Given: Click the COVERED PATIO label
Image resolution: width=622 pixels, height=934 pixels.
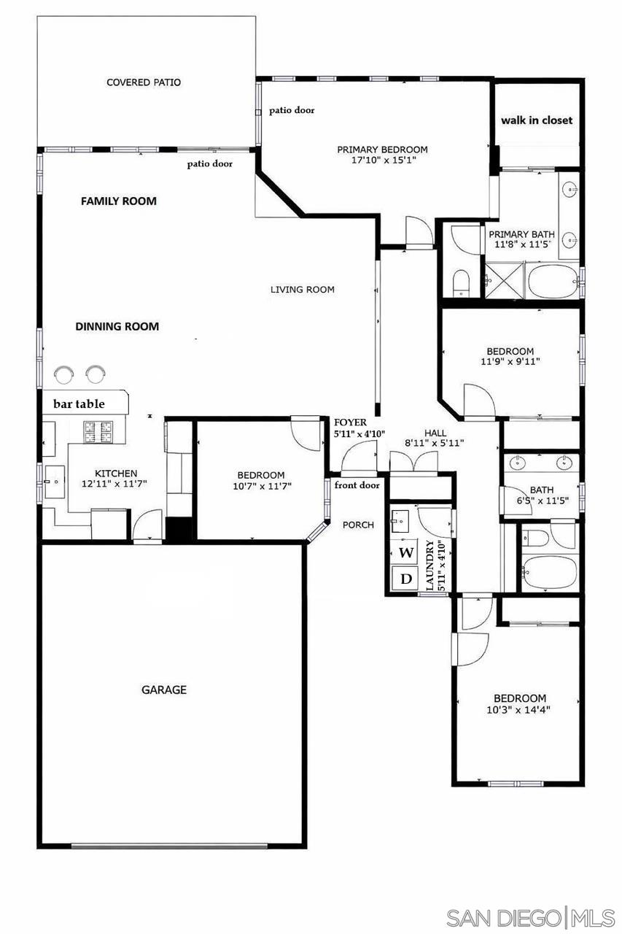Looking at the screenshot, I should coord(144,82).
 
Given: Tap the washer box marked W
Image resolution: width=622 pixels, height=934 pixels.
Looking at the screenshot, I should coord(405,552).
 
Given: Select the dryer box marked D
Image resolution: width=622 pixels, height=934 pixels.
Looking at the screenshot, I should coord(405,579).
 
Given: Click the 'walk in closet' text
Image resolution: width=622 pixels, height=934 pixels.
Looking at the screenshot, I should coord(537,120).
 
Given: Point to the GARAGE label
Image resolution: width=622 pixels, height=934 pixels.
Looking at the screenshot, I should coord(164,690).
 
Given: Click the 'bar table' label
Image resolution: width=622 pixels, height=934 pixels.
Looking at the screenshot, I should coord(79,404).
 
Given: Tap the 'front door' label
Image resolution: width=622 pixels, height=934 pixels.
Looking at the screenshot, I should coord(357,485).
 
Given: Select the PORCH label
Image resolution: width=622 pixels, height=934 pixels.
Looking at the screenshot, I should coord(358,525).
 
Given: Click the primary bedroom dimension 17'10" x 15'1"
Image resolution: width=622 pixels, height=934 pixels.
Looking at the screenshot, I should coord(382,161).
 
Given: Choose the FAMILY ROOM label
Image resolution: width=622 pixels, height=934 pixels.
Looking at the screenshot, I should coord(118,201).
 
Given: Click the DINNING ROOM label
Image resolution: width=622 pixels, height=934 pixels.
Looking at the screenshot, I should coord(117,326).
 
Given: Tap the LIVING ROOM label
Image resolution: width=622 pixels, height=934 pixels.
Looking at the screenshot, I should coord(303,290).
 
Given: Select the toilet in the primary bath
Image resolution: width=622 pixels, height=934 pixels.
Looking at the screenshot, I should coord(462,282).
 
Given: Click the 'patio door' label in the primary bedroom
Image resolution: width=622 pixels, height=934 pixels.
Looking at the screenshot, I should coord(292,110).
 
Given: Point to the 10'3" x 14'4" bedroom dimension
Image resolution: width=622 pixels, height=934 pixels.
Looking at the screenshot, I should coord(519,709).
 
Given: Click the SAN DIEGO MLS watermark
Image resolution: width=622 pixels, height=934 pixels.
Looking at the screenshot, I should coord(530,918).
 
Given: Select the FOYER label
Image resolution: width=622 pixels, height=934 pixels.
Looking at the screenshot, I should coord(350,422).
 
